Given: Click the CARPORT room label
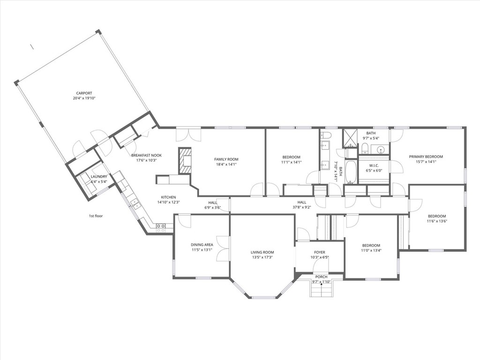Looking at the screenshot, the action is [84, 93].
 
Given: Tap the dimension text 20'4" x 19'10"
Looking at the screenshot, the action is [84, 98].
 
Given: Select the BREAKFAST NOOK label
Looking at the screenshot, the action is [146, 155].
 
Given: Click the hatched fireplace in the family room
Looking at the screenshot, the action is [185, 161].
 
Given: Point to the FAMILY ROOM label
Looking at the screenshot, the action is [226, 159].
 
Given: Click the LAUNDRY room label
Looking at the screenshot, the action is [99, 177].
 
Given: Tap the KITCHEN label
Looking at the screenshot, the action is [168, 197].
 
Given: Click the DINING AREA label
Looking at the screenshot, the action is [202, 245].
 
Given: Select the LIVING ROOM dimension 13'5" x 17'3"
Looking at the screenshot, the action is [262, 257].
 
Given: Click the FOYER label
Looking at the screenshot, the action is [320, 252].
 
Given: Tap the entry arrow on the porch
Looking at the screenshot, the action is [321, 284].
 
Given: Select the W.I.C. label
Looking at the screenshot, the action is [374, 165].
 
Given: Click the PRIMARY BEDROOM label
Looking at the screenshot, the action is [426, 157].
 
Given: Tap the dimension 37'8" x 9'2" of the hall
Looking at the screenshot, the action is [301, 207].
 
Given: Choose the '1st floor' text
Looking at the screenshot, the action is [96, 216].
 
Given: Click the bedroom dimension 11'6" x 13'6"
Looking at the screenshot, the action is [437, 221].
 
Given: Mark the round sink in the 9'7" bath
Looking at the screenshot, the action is [381, 150].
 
